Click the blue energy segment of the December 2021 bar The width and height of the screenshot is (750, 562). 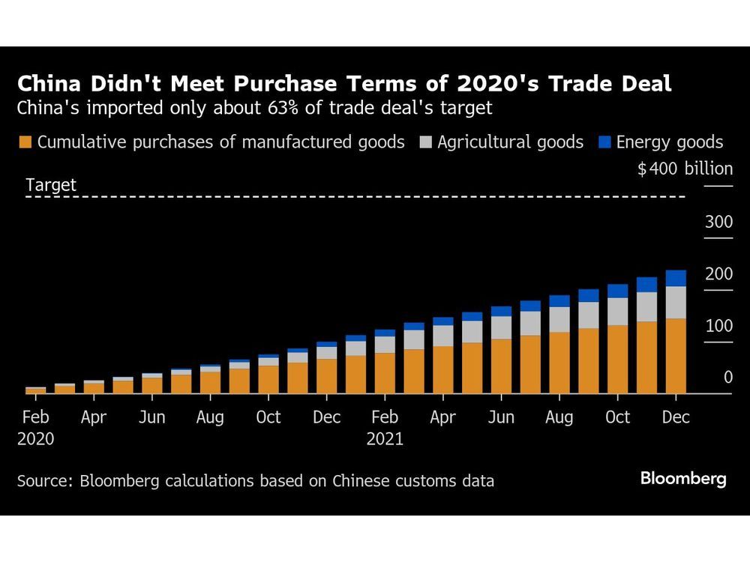point(676,278)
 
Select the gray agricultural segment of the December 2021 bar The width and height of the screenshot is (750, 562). point(676,303)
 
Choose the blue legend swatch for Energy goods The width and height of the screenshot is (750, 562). point(604,142)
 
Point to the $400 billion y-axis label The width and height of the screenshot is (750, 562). point(685,169)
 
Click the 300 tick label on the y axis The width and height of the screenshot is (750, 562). point(718,222)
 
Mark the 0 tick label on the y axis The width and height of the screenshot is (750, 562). point(727,378)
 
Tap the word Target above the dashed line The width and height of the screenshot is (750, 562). point(51,185)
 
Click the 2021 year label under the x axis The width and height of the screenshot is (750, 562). point(385,438)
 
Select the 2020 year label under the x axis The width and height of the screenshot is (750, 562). point(35,438)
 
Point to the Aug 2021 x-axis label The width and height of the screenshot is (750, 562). point(559,417)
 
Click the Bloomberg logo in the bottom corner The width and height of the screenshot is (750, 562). point(683,479)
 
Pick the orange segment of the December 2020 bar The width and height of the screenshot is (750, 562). point(326,376)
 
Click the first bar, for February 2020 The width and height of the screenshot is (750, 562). point(35,390)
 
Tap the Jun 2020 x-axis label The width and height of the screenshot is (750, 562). point(151,417)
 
